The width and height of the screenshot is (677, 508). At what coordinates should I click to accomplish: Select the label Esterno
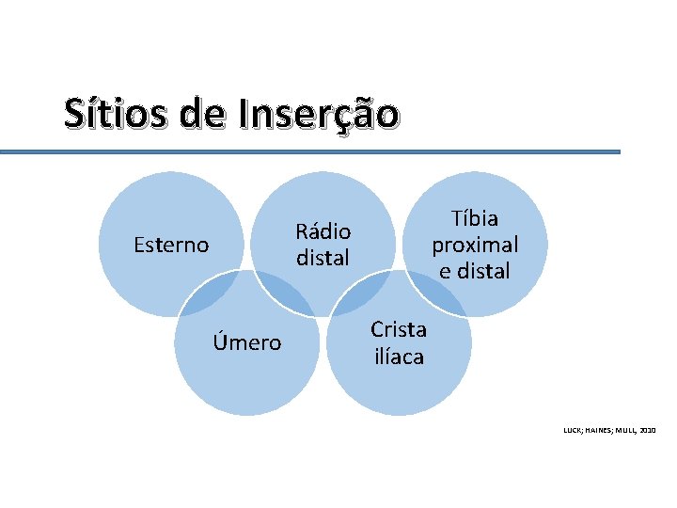[171, 246]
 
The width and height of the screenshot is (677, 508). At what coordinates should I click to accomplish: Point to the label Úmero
[246, 342]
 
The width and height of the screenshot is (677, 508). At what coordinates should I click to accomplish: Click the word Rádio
[323, 231]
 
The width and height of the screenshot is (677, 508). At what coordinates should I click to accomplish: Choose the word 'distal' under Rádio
[323, 257]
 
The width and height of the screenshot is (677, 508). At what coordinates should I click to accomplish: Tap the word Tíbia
[475, 219]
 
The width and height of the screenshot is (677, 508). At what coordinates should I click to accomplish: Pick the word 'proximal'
[475, 245]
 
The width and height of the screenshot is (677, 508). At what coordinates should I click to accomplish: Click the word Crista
[399, 329]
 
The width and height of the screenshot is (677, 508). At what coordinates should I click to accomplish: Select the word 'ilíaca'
[399, 357]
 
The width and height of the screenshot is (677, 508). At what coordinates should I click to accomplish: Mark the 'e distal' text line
[475, 271]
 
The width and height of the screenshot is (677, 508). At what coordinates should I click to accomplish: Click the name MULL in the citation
[622, 430]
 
